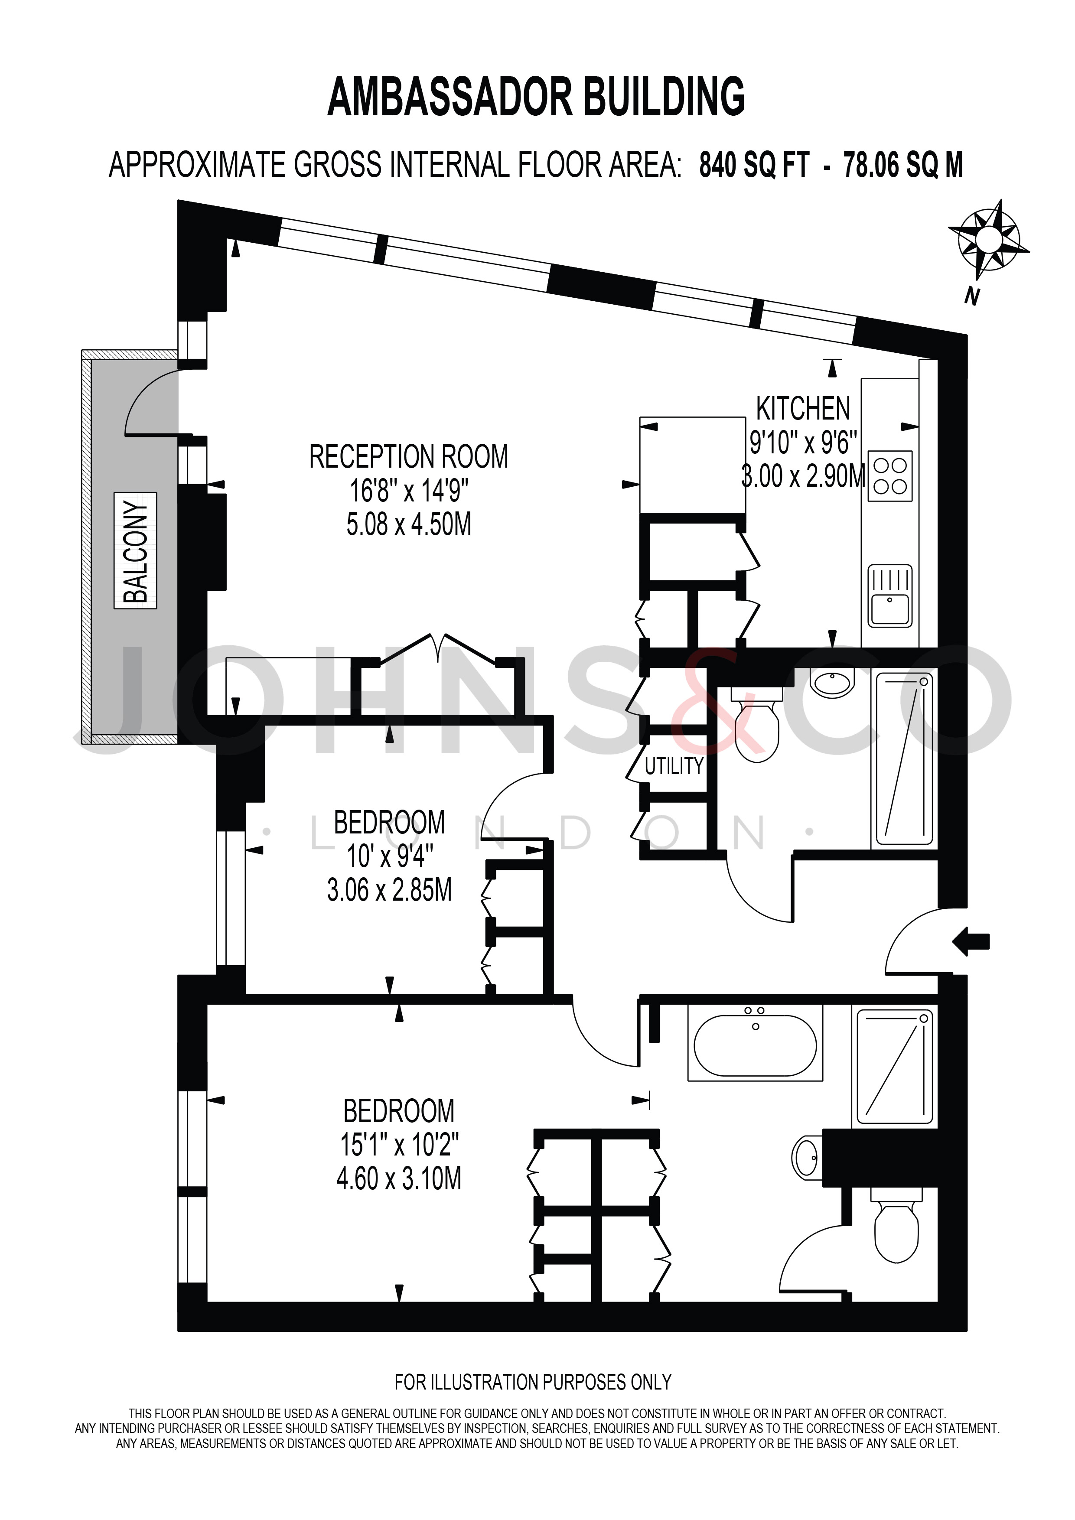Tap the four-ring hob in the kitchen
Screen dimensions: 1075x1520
coord(889,476)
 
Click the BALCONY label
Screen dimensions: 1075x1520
coord(136,550)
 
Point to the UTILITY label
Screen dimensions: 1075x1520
coord(674,766)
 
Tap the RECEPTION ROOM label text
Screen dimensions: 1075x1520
coord(408,457)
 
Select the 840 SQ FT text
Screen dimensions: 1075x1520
coord(754,165)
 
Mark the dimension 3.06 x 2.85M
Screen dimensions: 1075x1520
coord(389,890)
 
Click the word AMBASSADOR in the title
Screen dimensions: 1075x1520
coord(449,97)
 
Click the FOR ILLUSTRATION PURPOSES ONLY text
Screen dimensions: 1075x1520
coord(533,1382)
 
